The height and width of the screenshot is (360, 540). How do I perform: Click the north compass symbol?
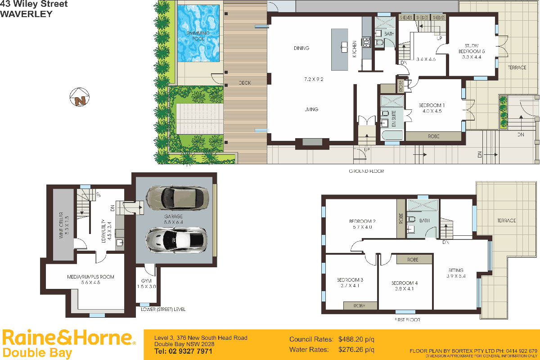click(80, 98)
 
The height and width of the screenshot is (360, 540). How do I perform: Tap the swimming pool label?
click(198, 36)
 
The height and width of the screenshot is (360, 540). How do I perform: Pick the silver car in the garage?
click(176, 239)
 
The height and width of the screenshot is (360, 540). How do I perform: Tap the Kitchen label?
click(355, 49)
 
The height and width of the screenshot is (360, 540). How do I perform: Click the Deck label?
click(245, 83)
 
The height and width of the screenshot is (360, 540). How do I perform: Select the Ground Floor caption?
click(366, 171)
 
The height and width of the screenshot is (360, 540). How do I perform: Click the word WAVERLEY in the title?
click(26, 14)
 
